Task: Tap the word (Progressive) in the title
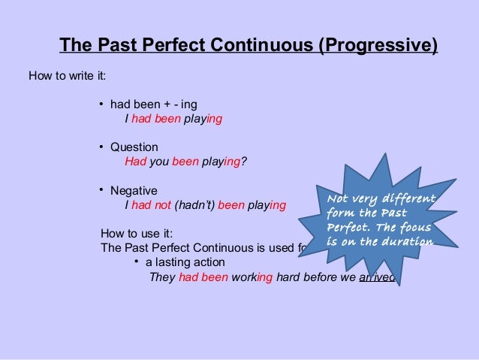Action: click(x=378, y=46)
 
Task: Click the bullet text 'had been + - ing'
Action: click(x=153, y=104)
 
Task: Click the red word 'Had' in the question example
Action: click(x=135, y=162)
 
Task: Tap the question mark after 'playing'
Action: click(x=245, y=162)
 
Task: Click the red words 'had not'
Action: click(x=151, y=204)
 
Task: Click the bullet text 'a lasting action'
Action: click(x=185, y=262)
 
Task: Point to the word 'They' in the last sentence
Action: click(x=162, y=276)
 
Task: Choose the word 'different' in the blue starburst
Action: click(x=408, y=199)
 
